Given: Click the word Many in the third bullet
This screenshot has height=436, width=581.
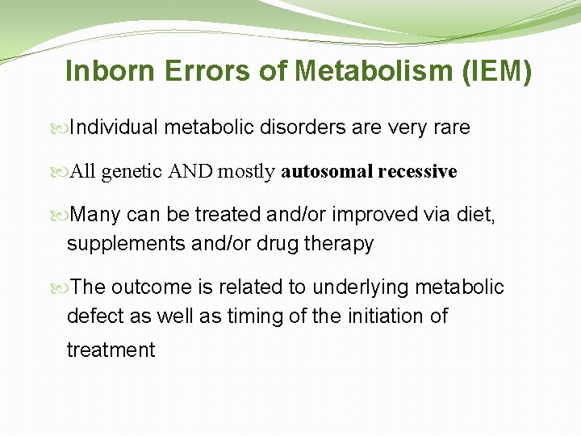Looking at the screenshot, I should pyautogui.click(x=96, y=215).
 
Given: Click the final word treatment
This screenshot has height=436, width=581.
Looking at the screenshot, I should pyautogui.click(x=111, y=350).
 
